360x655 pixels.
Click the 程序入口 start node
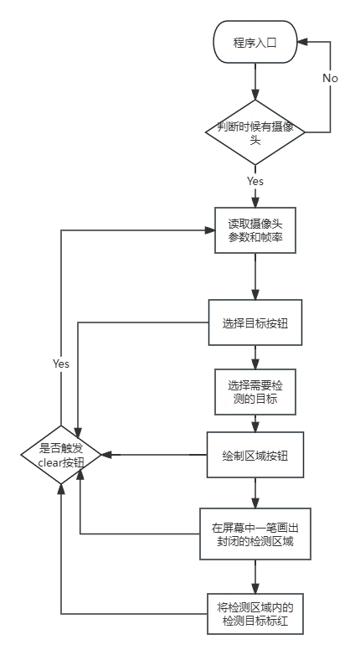(255, 42)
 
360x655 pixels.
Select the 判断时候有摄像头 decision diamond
(255, 132)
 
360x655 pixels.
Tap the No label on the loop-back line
(330, 78)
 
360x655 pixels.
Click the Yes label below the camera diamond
(255, 181)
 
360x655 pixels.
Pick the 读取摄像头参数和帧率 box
(255, 230)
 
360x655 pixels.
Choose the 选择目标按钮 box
(255, 322)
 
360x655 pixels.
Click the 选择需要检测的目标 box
(255, 392)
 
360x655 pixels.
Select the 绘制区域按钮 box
(255, 455)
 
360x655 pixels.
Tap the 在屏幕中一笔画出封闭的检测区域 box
(255, 534)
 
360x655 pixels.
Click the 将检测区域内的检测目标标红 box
(255, 614)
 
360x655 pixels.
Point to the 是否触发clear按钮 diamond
(61, 455)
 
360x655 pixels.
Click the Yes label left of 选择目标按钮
(61, 364)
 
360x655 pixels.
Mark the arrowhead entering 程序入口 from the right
(302, 42)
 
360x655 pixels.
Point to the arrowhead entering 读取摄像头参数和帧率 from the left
(209, 230)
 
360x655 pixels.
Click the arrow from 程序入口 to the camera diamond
(255, 81)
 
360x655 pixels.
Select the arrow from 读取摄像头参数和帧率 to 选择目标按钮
(255, 276)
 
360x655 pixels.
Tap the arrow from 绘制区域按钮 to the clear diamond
(155, 455)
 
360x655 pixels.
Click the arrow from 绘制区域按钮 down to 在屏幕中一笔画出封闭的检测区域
(255, 493)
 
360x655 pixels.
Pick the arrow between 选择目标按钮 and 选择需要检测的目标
(255, 357)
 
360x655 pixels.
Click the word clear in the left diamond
(50, 462)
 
